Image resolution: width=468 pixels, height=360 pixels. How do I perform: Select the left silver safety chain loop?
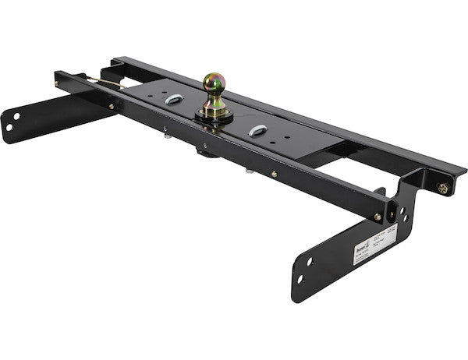coord(174,99)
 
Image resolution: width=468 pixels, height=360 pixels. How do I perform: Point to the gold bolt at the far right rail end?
coord(443,189)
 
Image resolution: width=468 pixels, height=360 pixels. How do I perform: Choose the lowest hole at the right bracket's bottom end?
coord(300,277)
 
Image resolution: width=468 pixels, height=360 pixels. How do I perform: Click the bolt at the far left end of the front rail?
coord(56,75)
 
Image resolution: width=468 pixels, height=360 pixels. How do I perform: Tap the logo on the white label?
coord(363,244)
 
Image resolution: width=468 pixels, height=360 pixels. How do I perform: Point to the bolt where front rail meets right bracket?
coord(378,217)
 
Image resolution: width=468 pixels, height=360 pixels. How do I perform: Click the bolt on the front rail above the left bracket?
coord(112,106)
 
